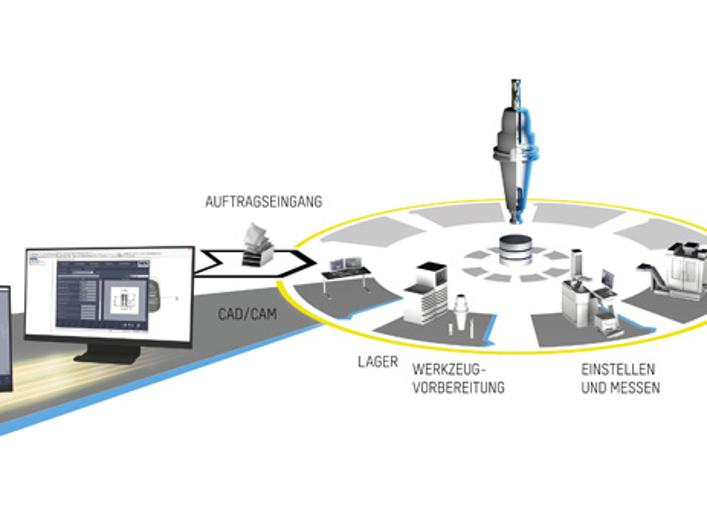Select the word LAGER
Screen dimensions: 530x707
[378, 362]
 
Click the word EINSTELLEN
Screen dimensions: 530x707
[618, 370]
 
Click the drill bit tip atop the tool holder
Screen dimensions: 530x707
[516, 93]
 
